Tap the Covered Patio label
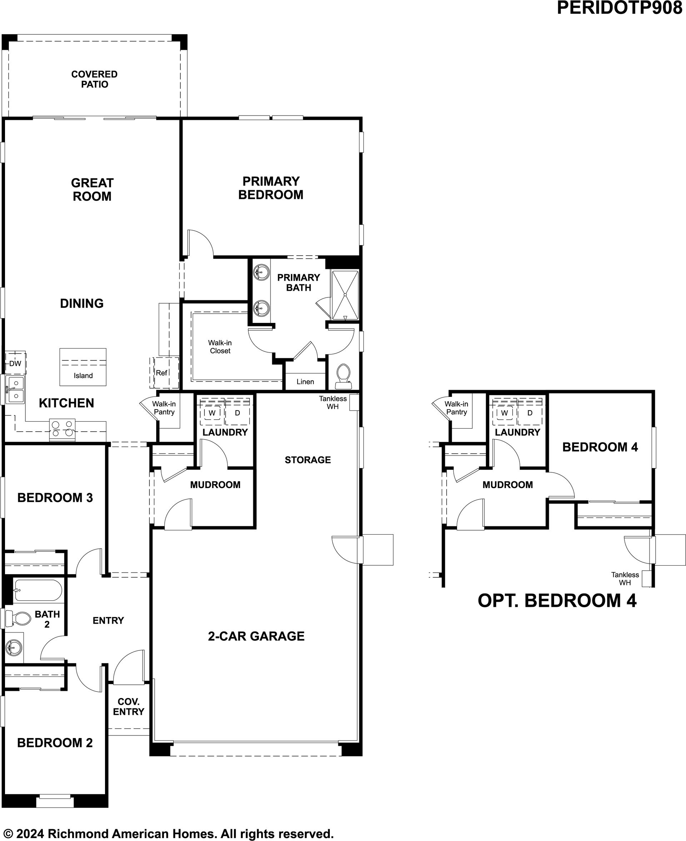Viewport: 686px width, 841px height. coord(94,79)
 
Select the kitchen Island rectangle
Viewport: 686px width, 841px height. coord(83,367)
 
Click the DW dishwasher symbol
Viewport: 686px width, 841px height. coord(15,363)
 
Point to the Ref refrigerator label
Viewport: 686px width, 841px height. coord(161,373)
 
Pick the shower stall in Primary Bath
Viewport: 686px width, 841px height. coord(345,295)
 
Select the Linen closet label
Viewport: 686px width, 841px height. coord(305,382)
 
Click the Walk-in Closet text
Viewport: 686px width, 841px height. coord(220,347)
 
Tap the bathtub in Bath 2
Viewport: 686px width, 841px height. coord(38,590)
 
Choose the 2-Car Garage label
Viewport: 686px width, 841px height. coord(257,636)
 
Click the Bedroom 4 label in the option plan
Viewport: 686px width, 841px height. coord(600,447)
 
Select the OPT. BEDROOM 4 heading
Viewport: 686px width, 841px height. coord(557,600)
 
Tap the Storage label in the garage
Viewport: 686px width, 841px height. coord(308,460)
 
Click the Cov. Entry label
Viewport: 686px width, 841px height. coord(128,707)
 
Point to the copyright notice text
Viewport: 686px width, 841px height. coord(168,834)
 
